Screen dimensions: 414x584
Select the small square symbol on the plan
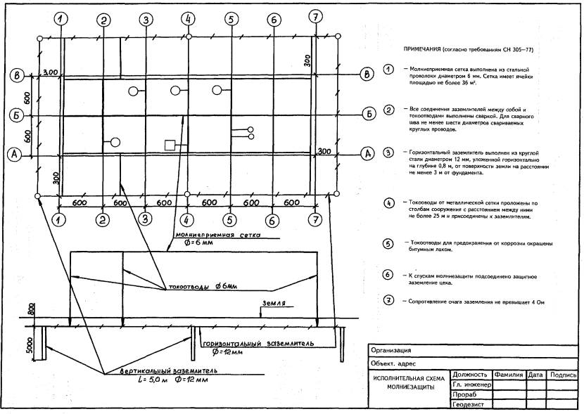pyautogui.click(x=169, y=145)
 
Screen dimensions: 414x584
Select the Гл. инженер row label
pyautogui.click(x=471, y=385)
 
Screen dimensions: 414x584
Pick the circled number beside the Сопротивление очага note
pyautogui.click(x=388, y=301)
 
